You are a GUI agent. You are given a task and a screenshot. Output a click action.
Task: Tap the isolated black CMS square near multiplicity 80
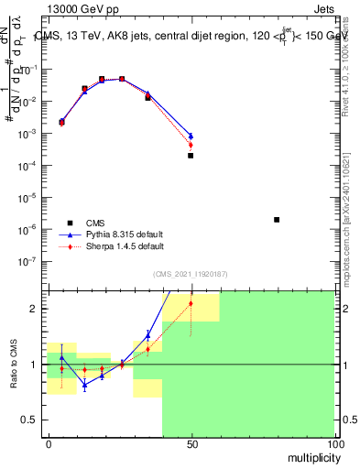tap(277, 220)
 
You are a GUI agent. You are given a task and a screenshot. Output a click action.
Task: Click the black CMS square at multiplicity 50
tap(191, 156)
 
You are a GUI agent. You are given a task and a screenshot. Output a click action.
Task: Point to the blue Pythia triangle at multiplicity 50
tap(191, 136)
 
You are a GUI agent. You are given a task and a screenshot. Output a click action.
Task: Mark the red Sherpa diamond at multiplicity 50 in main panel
tap(191, 145)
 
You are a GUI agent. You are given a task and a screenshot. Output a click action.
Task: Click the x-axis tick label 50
tap(191, 444)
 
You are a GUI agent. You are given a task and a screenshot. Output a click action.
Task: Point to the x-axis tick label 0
tap(48, 444)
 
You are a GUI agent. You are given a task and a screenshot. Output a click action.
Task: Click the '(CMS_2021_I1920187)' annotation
tap(191, 273)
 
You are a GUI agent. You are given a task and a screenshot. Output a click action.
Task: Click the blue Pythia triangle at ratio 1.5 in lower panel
tap(147, 334)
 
